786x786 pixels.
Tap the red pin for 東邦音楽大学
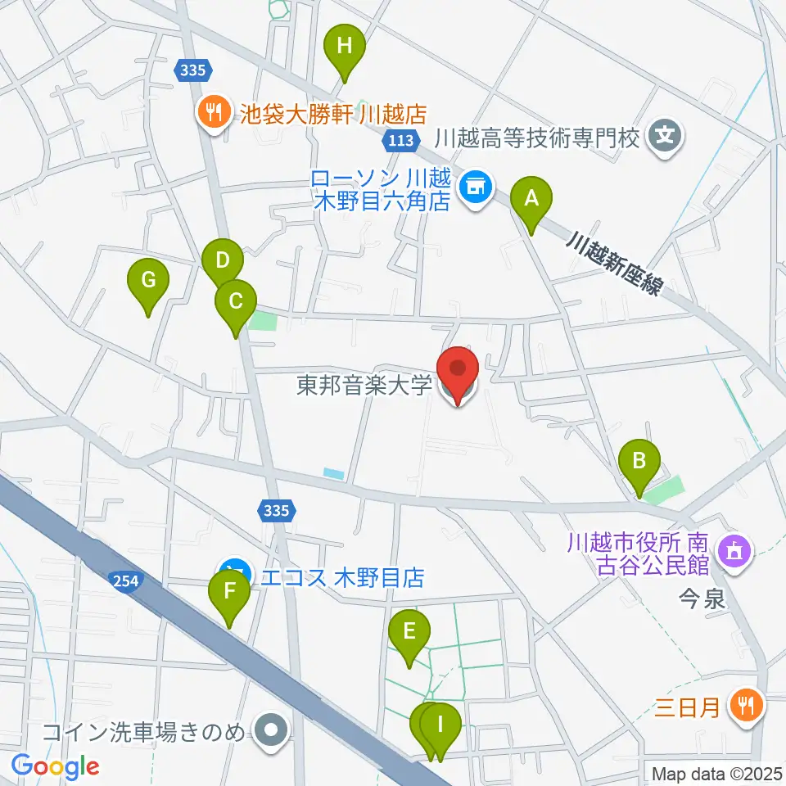pos(458,373)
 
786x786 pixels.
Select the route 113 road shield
pos(401,141)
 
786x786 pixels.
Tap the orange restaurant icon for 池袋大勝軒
pos(214,112)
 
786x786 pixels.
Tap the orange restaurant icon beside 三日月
pos(746,705)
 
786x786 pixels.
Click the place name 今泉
pos(702,600)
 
